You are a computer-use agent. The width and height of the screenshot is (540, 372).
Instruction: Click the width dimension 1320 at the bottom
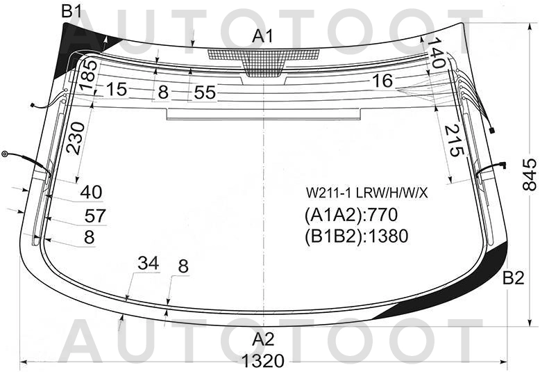pyautogui.click(x=263, y=362)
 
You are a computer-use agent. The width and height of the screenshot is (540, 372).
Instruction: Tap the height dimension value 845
pyautogui.click(x=530, y=175)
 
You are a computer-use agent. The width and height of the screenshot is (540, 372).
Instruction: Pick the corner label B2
pyautogui.click(x=513, y=278)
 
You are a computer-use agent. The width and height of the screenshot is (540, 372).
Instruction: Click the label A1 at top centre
pyautogui.click(x=262, y=36)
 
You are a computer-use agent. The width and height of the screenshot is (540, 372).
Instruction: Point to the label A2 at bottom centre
pyautogui.click(x=263, y=339)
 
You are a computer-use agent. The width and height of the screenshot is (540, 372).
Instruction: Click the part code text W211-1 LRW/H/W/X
pyautogui.click(x=367, y=193)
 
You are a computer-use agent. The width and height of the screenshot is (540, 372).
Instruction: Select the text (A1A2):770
pyautogui.click(x=351, y=215)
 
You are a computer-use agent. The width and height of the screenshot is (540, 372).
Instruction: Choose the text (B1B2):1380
pyautogui.click(x=357, y=236)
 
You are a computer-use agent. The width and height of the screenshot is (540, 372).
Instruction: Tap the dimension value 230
pyautogui.click(x=76, y=138)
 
